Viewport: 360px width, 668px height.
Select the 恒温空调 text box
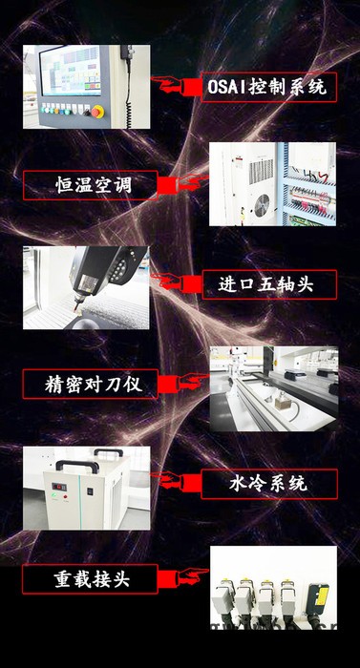(92, 185)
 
